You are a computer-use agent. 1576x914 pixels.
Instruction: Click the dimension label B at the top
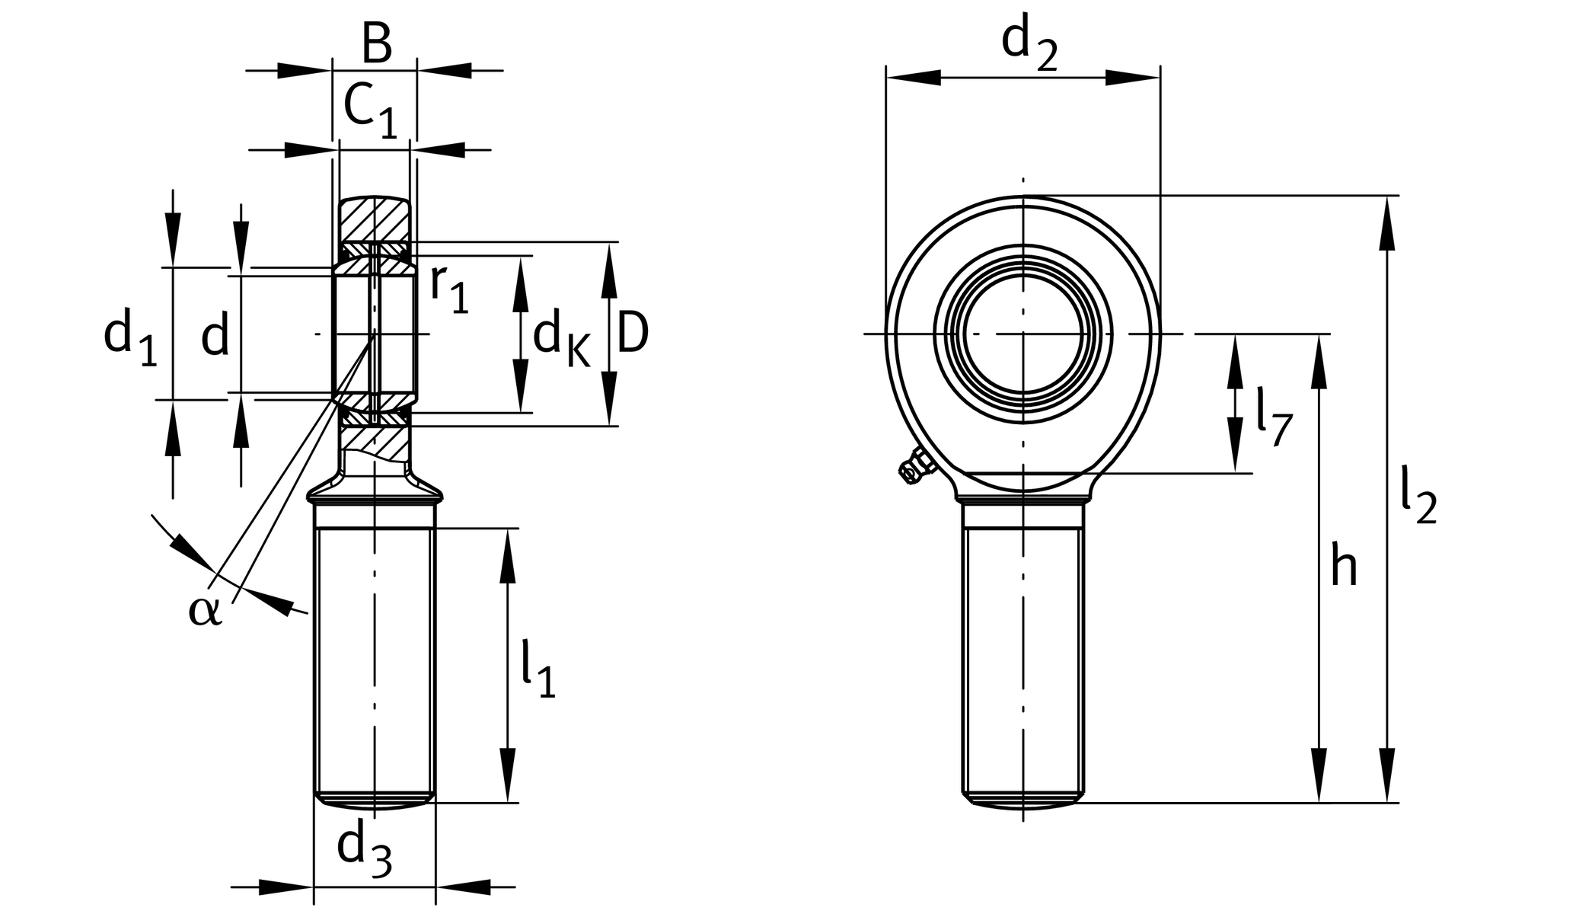[x=376, y=44]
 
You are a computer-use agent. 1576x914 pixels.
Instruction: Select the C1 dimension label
[x=370, y=110]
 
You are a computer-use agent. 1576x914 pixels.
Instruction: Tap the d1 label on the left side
[x=129, y=337]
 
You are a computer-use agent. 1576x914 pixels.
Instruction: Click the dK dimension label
[x=560, y=338]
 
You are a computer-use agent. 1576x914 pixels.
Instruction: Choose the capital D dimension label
[x=632, y=334]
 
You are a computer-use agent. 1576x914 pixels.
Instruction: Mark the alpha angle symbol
[x=205, y=610]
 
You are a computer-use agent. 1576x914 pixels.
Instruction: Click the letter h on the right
[x=1344, y=567]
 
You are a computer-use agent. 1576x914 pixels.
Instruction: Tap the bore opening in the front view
[x=1023, y=334]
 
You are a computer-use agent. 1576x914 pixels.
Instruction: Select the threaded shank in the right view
[x=1023, y=655]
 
